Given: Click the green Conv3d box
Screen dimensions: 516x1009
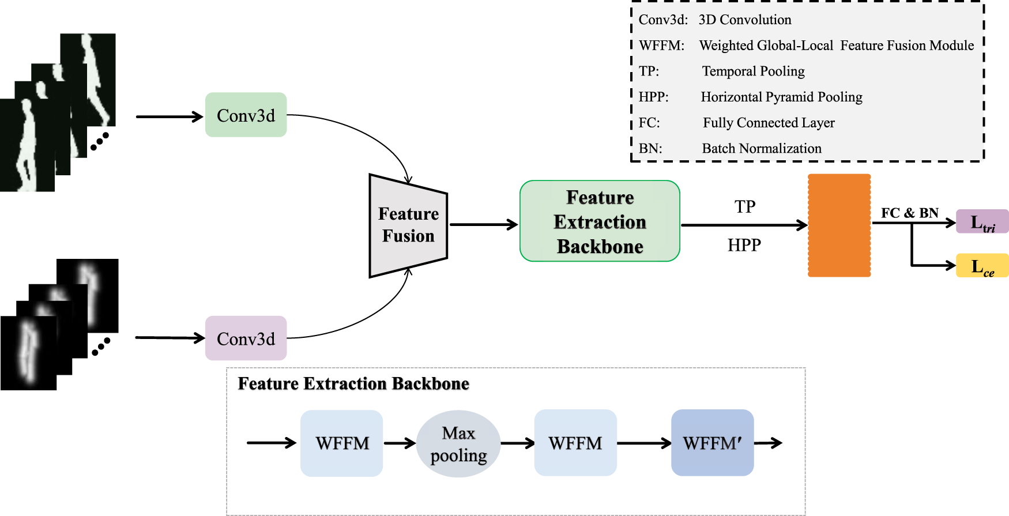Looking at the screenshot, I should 246,115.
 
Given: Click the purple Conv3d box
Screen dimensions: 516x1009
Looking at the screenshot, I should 246,338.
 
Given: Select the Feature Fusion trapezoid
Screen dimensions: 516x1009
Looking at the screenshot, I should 408,225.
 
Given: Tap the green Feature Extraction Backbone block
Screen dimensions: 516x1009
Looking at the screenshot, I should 600,221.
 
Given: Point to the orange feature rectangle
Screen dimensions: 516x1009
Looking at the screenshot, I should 839,225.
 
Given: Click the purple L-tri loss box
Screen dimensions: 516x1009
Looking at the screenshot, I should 982,221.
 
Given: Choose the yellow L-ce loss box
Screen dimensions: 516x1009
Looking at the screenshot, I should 982,266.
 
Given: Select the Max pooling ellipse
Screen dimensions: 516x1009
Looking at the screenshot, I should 458,443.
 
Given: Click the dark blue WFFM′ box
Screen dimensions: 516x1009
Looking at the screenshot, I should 712,443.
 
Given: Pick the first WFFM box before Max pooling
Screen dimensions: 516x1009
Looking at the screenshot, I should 342,443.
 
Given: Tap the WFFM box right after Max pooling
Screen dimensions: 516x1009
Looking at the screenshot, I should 575,443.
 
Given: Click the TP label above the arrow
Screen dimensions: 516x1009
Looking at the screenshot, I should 745,206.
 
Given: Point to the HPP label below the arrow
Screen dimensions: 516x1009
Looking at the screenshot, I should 744,245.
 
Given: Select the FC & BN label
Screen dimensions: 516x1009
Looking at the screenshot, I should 909,213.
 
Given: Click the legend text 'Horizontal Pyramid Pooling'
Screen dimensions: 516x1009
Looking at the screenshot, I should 781,97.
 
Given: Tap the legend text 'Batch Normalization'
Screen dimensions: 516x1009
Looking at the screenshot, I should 762,148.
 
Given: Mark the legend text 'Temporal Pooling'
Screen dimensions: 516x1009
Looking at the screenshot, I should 753,71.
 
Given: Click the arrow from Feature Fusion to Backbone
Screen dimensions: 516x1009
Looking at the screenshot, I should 483,224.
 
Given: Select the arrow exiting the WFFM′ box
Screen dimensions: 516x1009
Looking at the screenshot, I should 768,443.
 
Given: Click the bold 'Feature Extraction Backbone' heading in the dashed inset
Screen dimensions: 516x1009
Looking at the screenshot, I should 353,383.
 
